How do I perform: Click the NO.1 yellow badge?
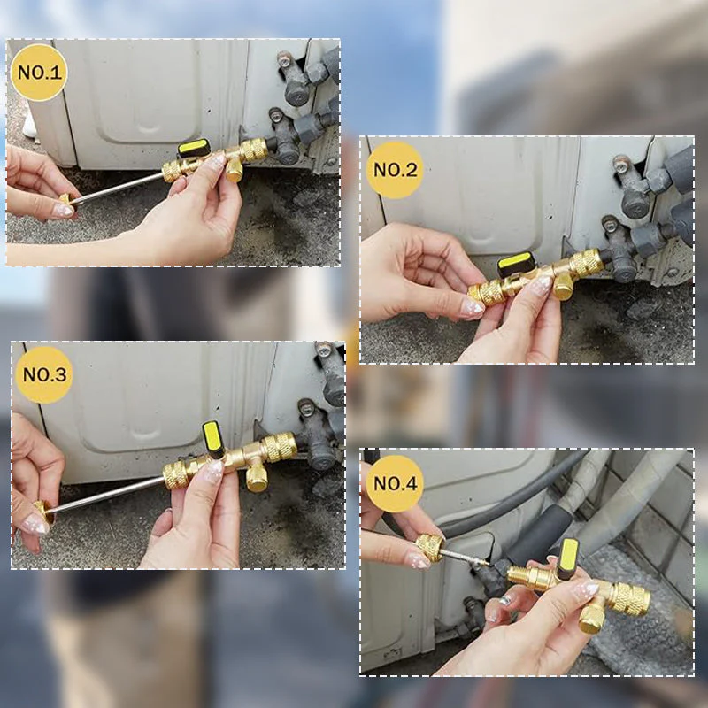(x=39, y=72)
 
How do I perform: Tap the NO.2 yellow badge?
(x=395, y=169)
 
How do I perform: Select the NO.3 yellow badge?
(x=43, y=374)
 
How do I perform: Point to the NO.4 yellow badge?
(x=395, y=483)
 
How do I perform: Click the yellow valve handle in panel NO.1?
(x=194, y=148)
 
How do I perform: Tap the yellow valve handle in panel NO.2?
(x=515, y=263)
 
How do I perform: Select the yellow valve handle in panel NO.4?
(x=567, y=558)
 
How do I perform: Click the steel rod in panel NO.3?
(x=106, y=496)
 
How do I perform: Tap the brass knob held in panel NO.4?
(x=430, y=547)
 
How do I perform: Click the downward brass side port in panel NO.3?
(x=257, y=477)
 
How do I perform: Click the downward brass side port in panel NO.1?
(x=235, y=170)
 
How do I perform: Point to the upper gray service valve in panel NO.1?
(x=296, y=84)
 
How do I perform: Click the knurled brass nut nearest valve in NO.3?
(x=281, y=446)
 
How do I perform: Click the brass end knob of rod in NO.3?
(x=42, y=511)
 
